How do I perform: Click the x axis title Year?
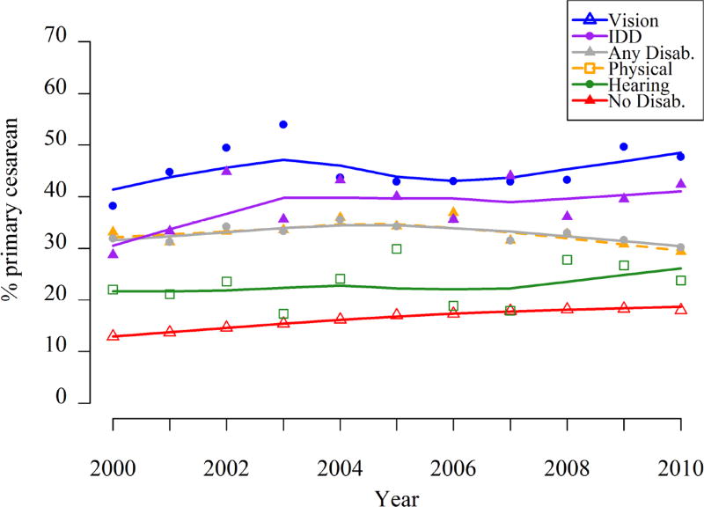pos(397,497)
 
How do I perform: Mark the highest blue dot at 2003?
pos(283,124)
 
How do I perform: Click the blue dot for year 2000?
pos(113,205)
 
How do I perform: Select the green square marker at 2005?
pos(397,249)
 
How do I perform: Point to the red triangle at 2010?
pos(680,309)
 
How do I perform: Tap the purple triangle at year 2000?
pos(113,253)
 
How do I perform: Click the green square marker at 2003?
pos(283,313)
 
